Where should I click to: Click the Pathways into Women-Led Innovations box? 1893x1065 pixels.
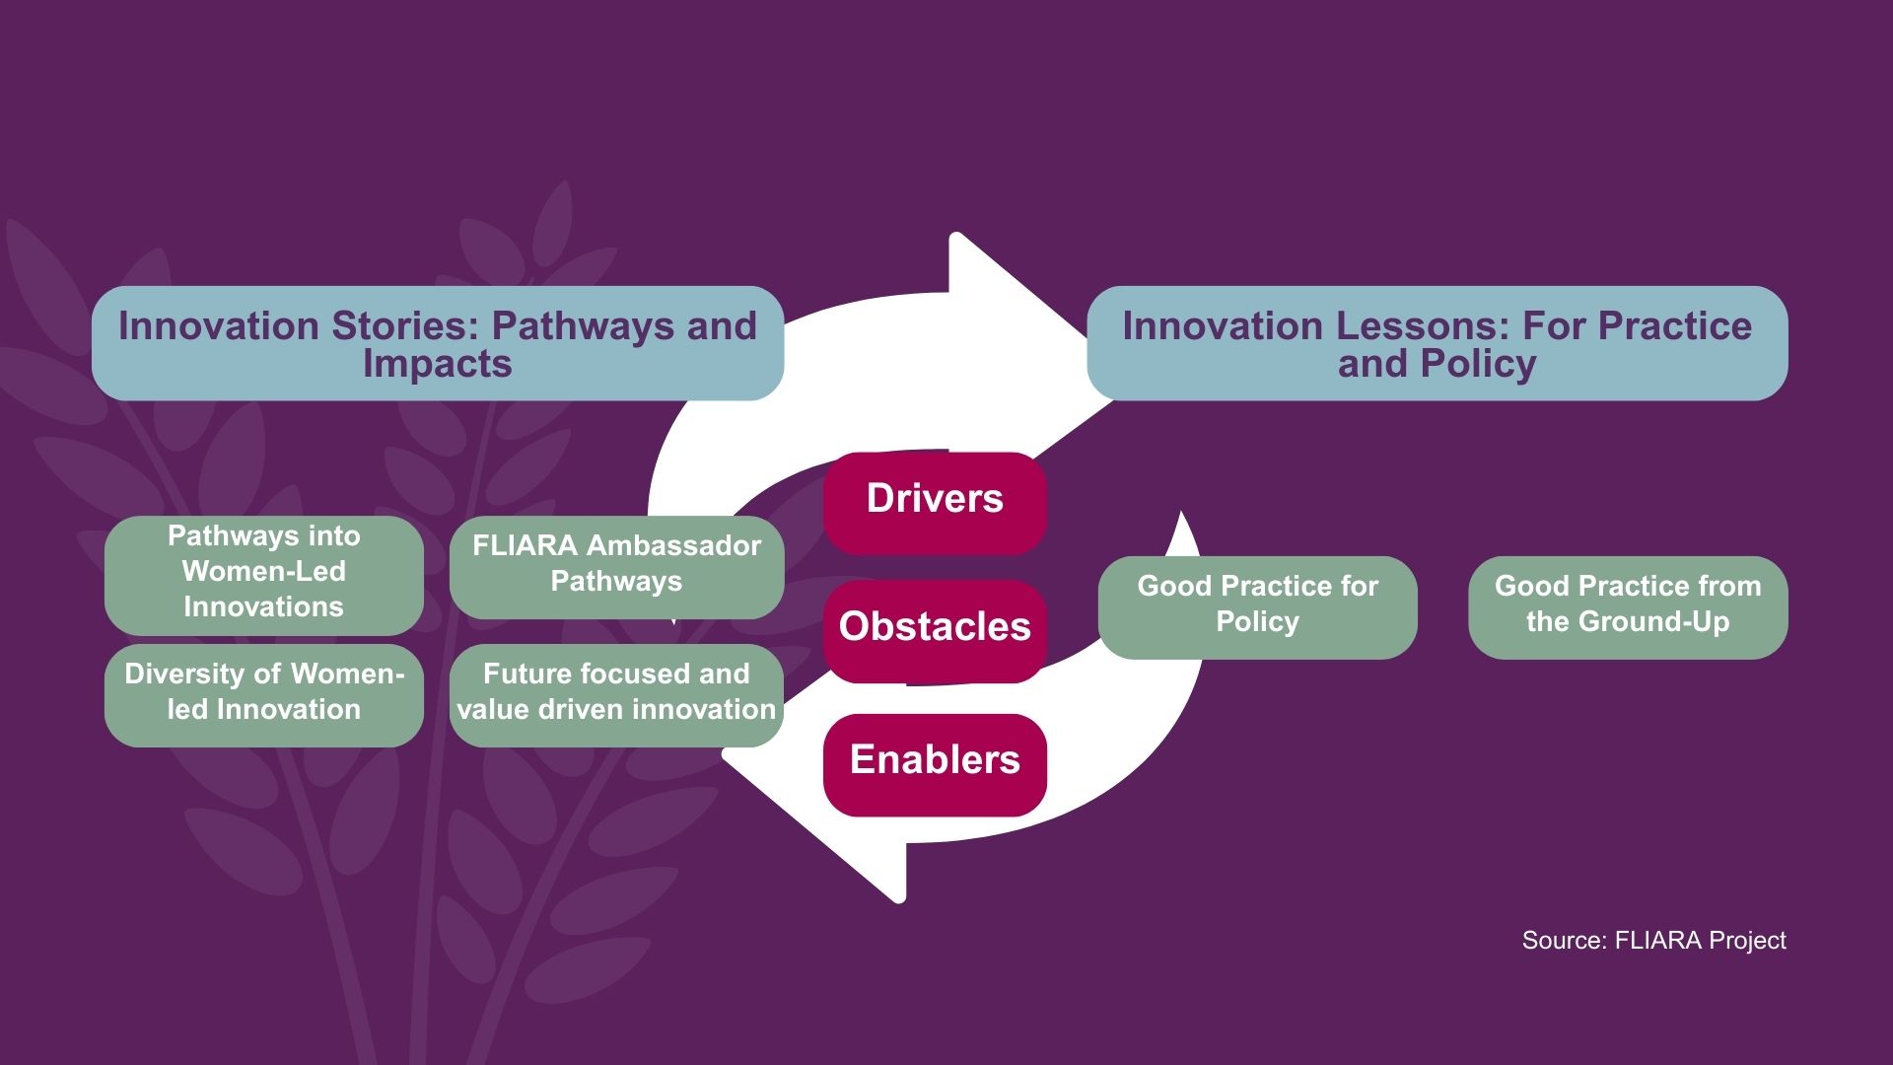pyautogui.click(x=263, y=573)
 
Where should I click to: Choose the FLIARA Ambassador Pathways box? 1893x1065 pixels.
pyautogui.click(x=616, y=565)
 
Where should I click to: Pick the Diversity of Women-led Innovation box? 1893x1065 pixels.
pyautogui.click(x=263, y=693)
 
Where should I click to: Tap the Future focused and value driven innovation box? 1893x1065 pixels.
pyautogui.click(x=616, y=693)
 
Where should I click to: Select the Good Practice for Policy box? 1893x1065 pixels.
pyautogui.click(x=1257, y=605)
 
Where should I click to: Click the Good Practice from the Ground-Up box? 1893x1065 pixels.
pyautogui.click(x=1627, y=605)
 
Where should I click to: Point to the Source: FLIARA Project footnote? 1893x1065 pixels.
pyautogui.click(x=1653, y=941)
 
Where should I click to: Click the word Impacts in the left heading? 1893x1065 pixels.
pyautogui.click(x=437, y=364)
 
